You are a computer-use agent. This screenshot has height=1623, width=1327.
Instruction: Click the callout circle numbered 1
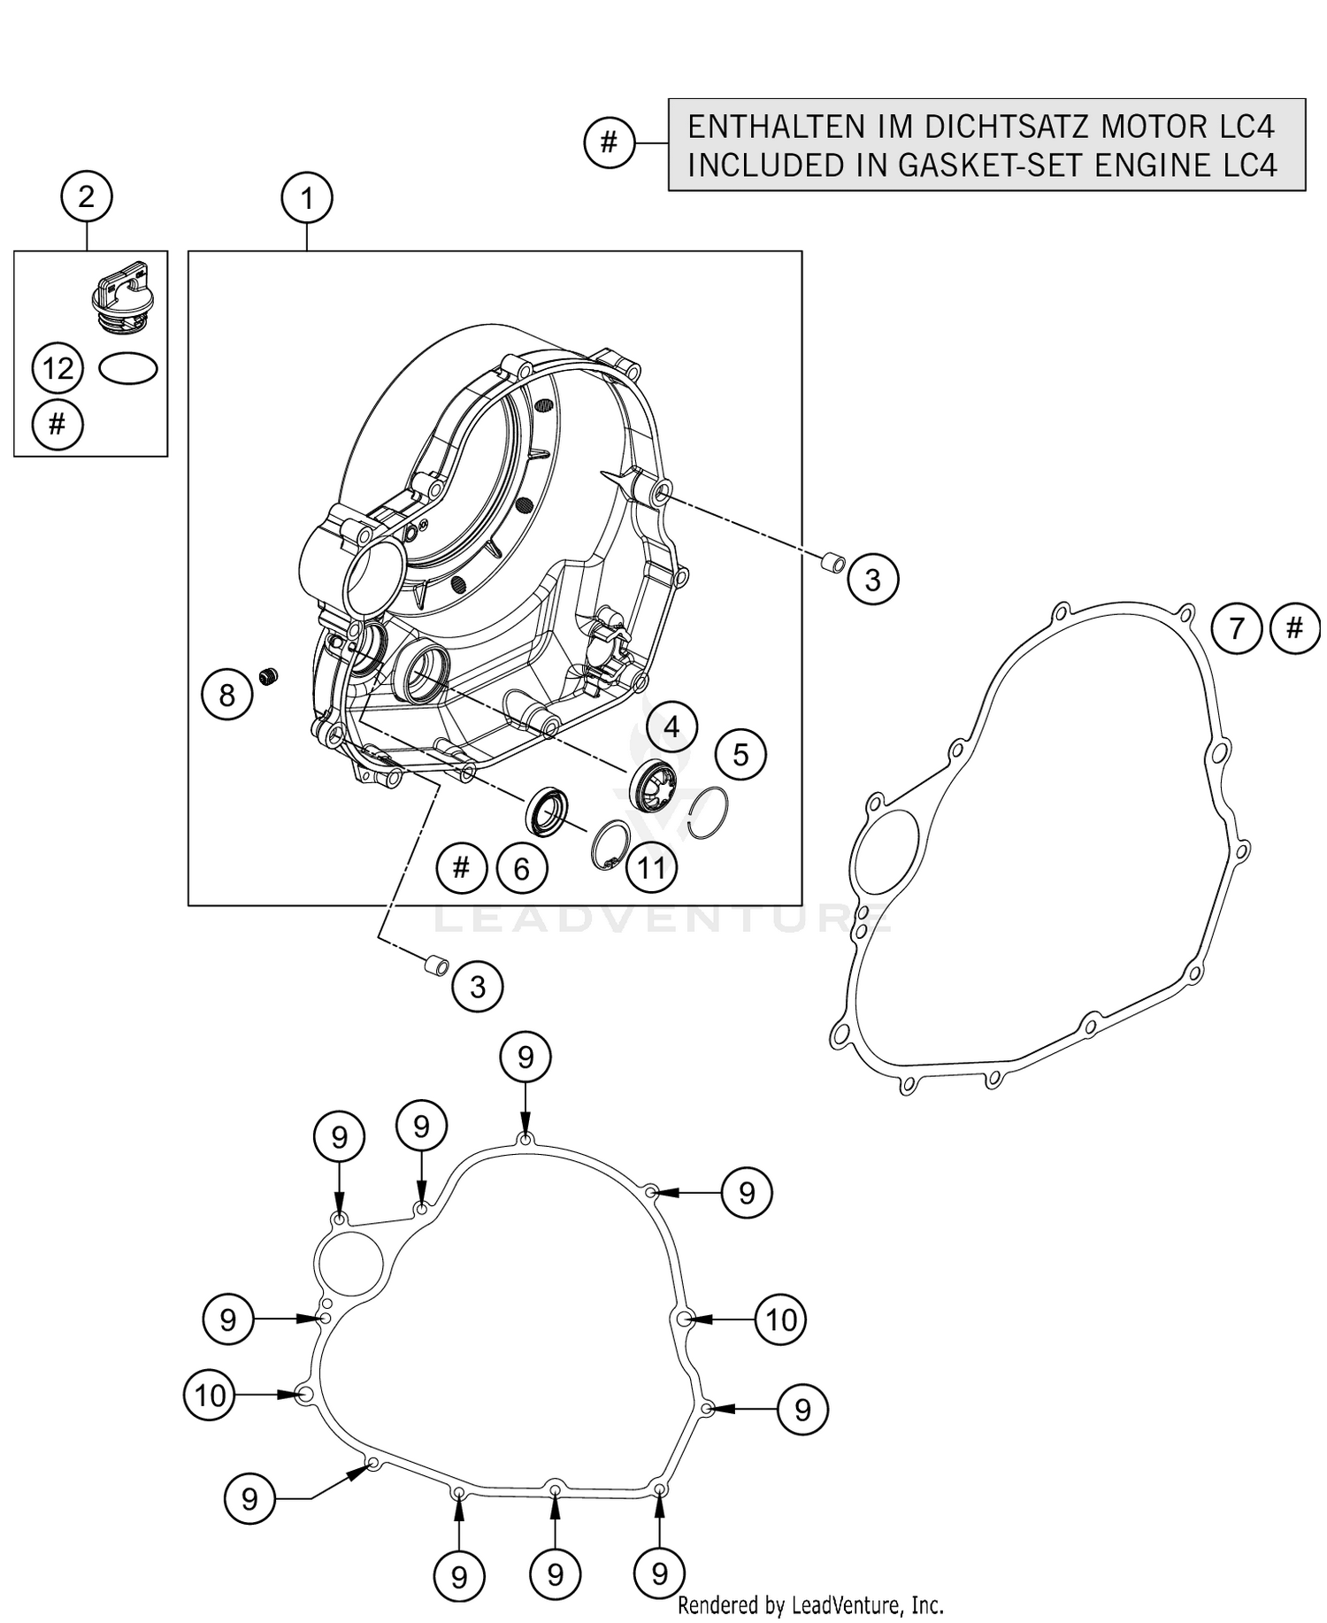pyautogui.click(x=307, y=198)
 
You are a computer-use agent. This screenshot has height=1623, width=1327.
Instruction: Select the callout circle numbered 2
pyautogui.click(x=86, y=196)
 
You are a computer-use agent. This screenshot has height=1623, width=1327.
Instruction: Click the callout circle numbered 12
pyautogui.click(x=58, y=368)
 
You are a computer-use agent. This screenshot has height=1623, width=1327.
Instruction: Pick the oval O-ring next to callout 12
pyautogui.click(x=128, y=368)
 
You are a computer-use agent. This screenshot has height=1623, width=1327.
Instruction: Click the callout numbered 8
pyautogui.click(x=226, y=695)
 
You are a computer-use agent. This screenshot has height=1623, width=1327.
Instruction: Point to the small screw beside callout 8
pyautogui.click(x=269, y=677)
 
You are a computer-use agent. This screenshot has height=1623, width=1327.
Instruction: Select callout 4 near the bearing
pyautogui.click(x=671, y=727)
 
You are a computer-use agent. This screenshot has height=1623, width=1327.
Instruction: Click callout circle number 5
pyautogui.click(x=740, y=755)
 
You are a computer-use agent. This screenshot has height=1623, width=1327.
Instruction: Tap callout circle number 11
pyautogui.click(x=652, y=867)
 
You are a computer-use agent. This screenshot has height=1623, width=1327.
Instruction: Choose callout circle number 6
pyautogui.click(x=521, y=869)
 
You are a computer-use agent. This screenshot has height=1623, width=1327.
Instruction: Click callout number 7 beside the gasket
pyautogui.click(x=1237, y=628)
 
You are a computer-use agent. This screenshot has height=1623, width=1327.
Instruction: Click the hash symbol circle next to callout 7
pyautogui.click(x=1294, y=628)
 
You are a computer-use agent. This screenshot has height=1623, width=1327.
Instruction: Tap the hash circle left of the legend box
pyautogui.click(x=609, y=142)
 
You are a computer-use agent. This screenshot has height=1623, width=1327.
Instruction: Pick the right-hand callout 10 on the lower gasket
pyautogui.click(x=780, y=1320)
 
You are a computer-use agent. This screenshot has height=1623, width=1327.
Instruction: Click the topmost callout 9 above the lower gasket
pyautogui.click(x=525, y=1057)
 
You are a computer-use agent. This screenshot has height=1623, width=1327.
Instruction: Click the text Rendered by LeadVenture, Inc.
pyautogui.click(x=810, y=1605)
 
